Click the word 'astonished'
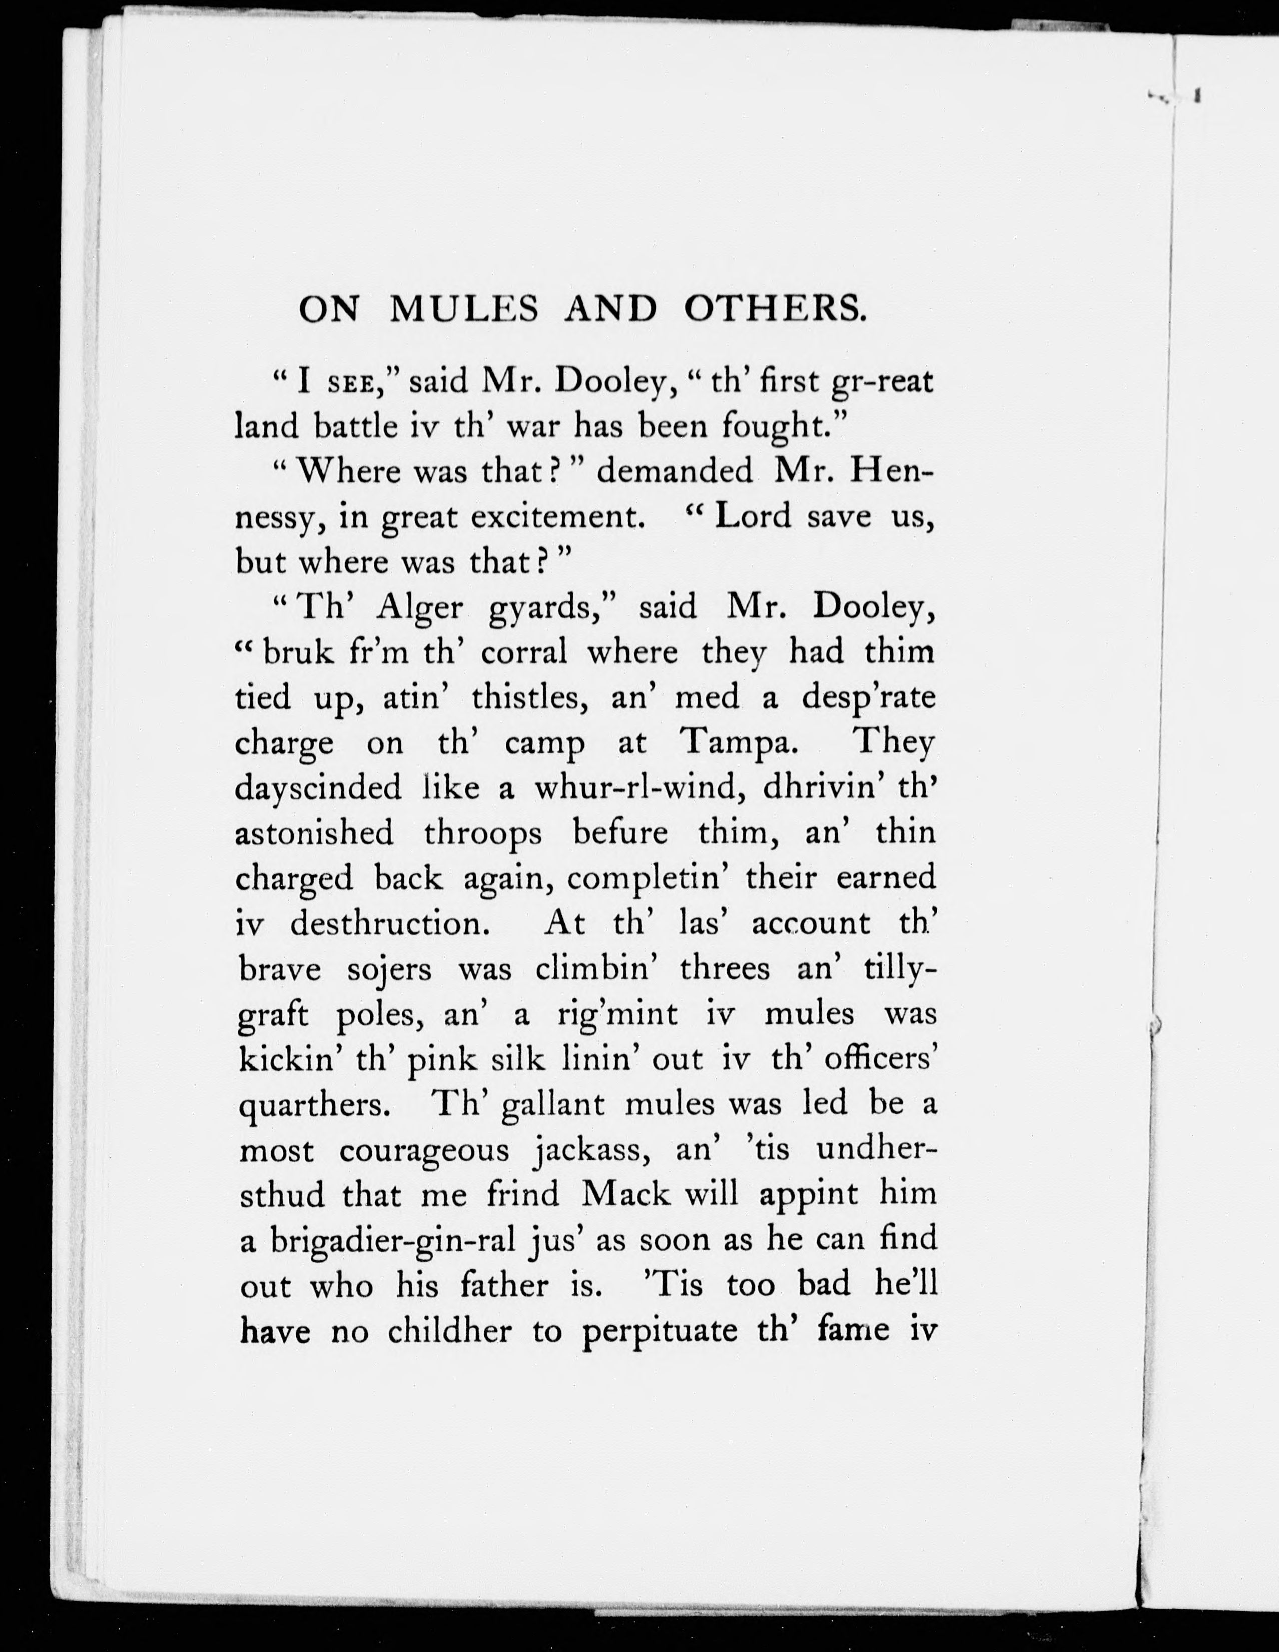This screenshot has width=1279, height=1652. point(314,833)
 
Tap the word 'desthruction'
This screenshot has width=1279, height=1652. point(387,923)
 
